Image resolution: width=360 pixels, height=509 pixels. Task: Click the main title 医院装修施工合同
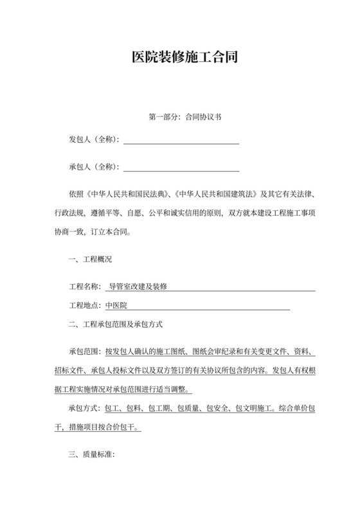pos(180,57)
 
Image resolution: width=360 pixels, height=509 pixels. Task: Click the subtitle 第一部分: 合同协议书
pos(180,118)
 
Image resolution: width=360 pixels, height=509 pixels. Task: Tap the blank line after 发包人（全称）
pos(181,140)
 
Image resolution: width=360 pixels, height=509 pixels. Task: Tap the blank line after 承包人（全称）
pos(181,168)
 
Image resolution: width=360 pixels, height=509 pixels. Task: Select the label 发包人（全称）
pos(94,139)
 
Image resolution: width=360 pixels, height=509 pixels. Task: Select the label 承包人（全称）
pos(94,167)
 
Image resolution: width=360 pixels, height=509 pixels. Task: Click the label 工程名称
pos(84,286)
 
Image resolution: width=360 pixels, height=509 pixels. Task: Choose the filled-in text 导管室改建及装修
pos(138,286)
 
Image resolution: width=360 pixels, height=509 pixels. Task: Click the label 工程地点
pos(84,305)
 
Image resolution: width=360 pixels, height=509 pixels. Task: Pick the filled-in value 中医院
pos(116,305)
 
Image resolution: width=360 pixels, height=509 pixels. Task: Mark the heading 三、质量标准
pos(91,454)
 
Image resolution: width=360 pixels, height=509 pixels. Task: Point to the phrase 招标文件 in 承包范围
pos(69,371)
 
